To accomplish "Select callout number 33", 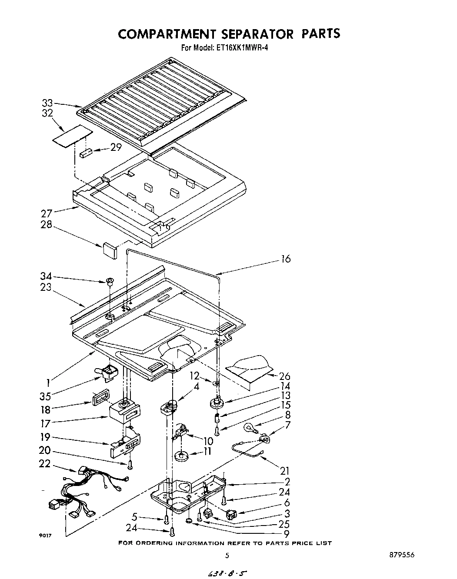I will pos(47,103).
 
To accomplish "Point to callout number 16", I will pos(286,259).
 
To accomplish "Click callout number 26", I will pos(285,376).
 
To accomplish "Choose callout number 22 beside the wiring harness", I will pos(45,464).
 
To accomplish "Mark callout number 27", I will pos(47,213).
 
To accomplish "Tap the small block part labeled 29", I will pos(86,153).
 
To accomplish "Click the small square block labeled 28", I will pos(110,250).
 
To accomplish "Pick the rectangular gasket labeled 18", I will pos(99,399).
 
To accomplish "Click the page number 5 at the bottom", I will pos(227,556).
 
